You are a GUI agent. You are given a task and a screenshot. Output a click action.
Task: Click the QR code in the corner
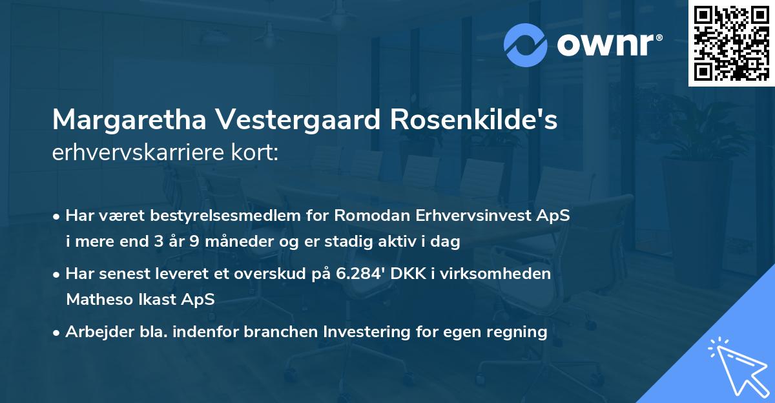click(x=731, y=43)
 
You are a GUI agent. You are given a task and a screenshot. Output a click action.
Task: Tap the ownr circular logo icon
click(x=525, y=45)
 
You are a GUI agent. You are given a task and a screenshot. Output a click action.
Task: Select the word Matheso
click(x=100, y=300)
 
